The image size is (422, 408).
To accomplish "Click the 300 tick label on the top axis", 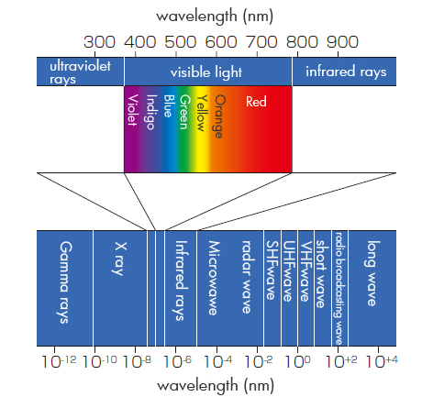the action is click(99, 42).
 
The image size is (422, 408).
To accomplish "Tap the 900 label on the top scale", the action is click(342, 42).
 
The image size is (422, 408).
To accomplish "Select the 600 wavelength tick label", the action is click(221, 42).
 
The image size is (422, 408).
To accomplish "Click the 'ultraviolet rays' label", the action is click(80, 72).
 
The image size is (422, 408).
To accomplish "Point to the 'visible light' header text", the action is click(206, 72).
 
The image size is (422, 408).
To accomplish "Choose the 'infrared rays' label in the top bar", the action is click(346, 72).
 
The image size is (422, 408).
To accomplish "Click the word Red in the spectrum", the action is click(256, 102).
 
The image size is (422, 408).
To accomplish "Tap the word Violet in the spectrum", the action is click(132, 110).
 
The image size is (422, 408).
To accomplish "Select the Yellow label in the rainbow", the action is click(202, 113).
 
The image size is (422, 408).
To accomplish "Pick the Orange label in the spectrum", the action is click(219, 116).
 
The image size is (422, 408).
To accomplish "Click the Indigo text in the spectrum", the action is click(150, 112).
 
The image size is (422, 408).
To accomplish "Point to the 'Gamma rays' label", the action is click(64, 282).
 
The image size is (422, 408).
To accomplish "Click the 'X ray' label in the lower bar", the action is click(119, 259).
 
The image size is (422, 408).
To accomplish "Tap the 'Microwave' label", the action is click(214, 278).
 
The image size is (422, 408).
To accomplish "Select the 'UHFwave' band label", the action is click(288, 271).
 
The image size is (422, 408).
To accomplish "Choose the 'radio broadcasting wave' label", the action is click(339, 289).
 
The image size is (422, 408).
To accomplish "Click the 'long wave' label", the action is click(372, 273).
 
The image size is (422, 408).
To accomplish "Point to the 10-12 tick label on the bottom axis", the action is click(59, 361).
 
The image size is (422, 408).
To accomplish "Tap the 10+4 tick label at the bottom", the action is click(382, 361).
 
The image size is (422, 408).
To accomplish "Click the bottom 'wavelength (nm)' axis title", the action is click(216, 386).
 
